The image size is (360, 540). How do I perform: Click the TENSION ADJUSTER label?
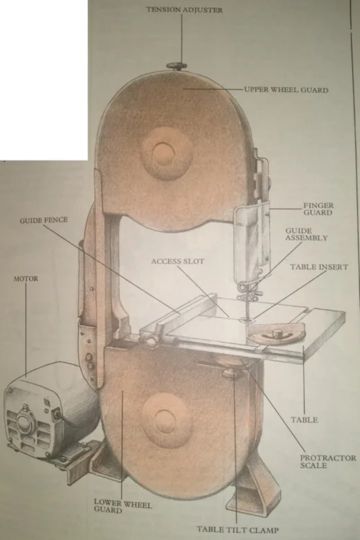pos(184,10)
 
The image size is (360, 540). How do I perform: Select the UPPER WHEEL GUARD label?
pos(286,90)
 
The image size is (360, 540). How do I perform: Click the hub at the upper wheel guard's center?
pos(166,152)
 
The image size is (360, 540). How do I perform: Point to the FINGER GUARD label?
pos(318,209)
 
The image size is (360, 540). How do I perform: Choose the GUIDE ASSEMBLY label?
pos(306,234)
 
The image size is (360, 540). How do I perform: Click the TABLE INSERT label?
pos(318,267)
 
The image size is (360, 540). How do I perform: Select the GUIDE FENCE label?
pos(43,220)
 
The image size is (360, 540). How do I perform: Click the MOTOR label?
pos(25,278)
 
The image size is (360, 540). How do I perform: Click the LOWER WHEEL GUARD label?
pos(122,506)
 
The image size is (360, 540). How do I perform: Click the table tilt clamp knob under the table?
pos(230,373)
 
